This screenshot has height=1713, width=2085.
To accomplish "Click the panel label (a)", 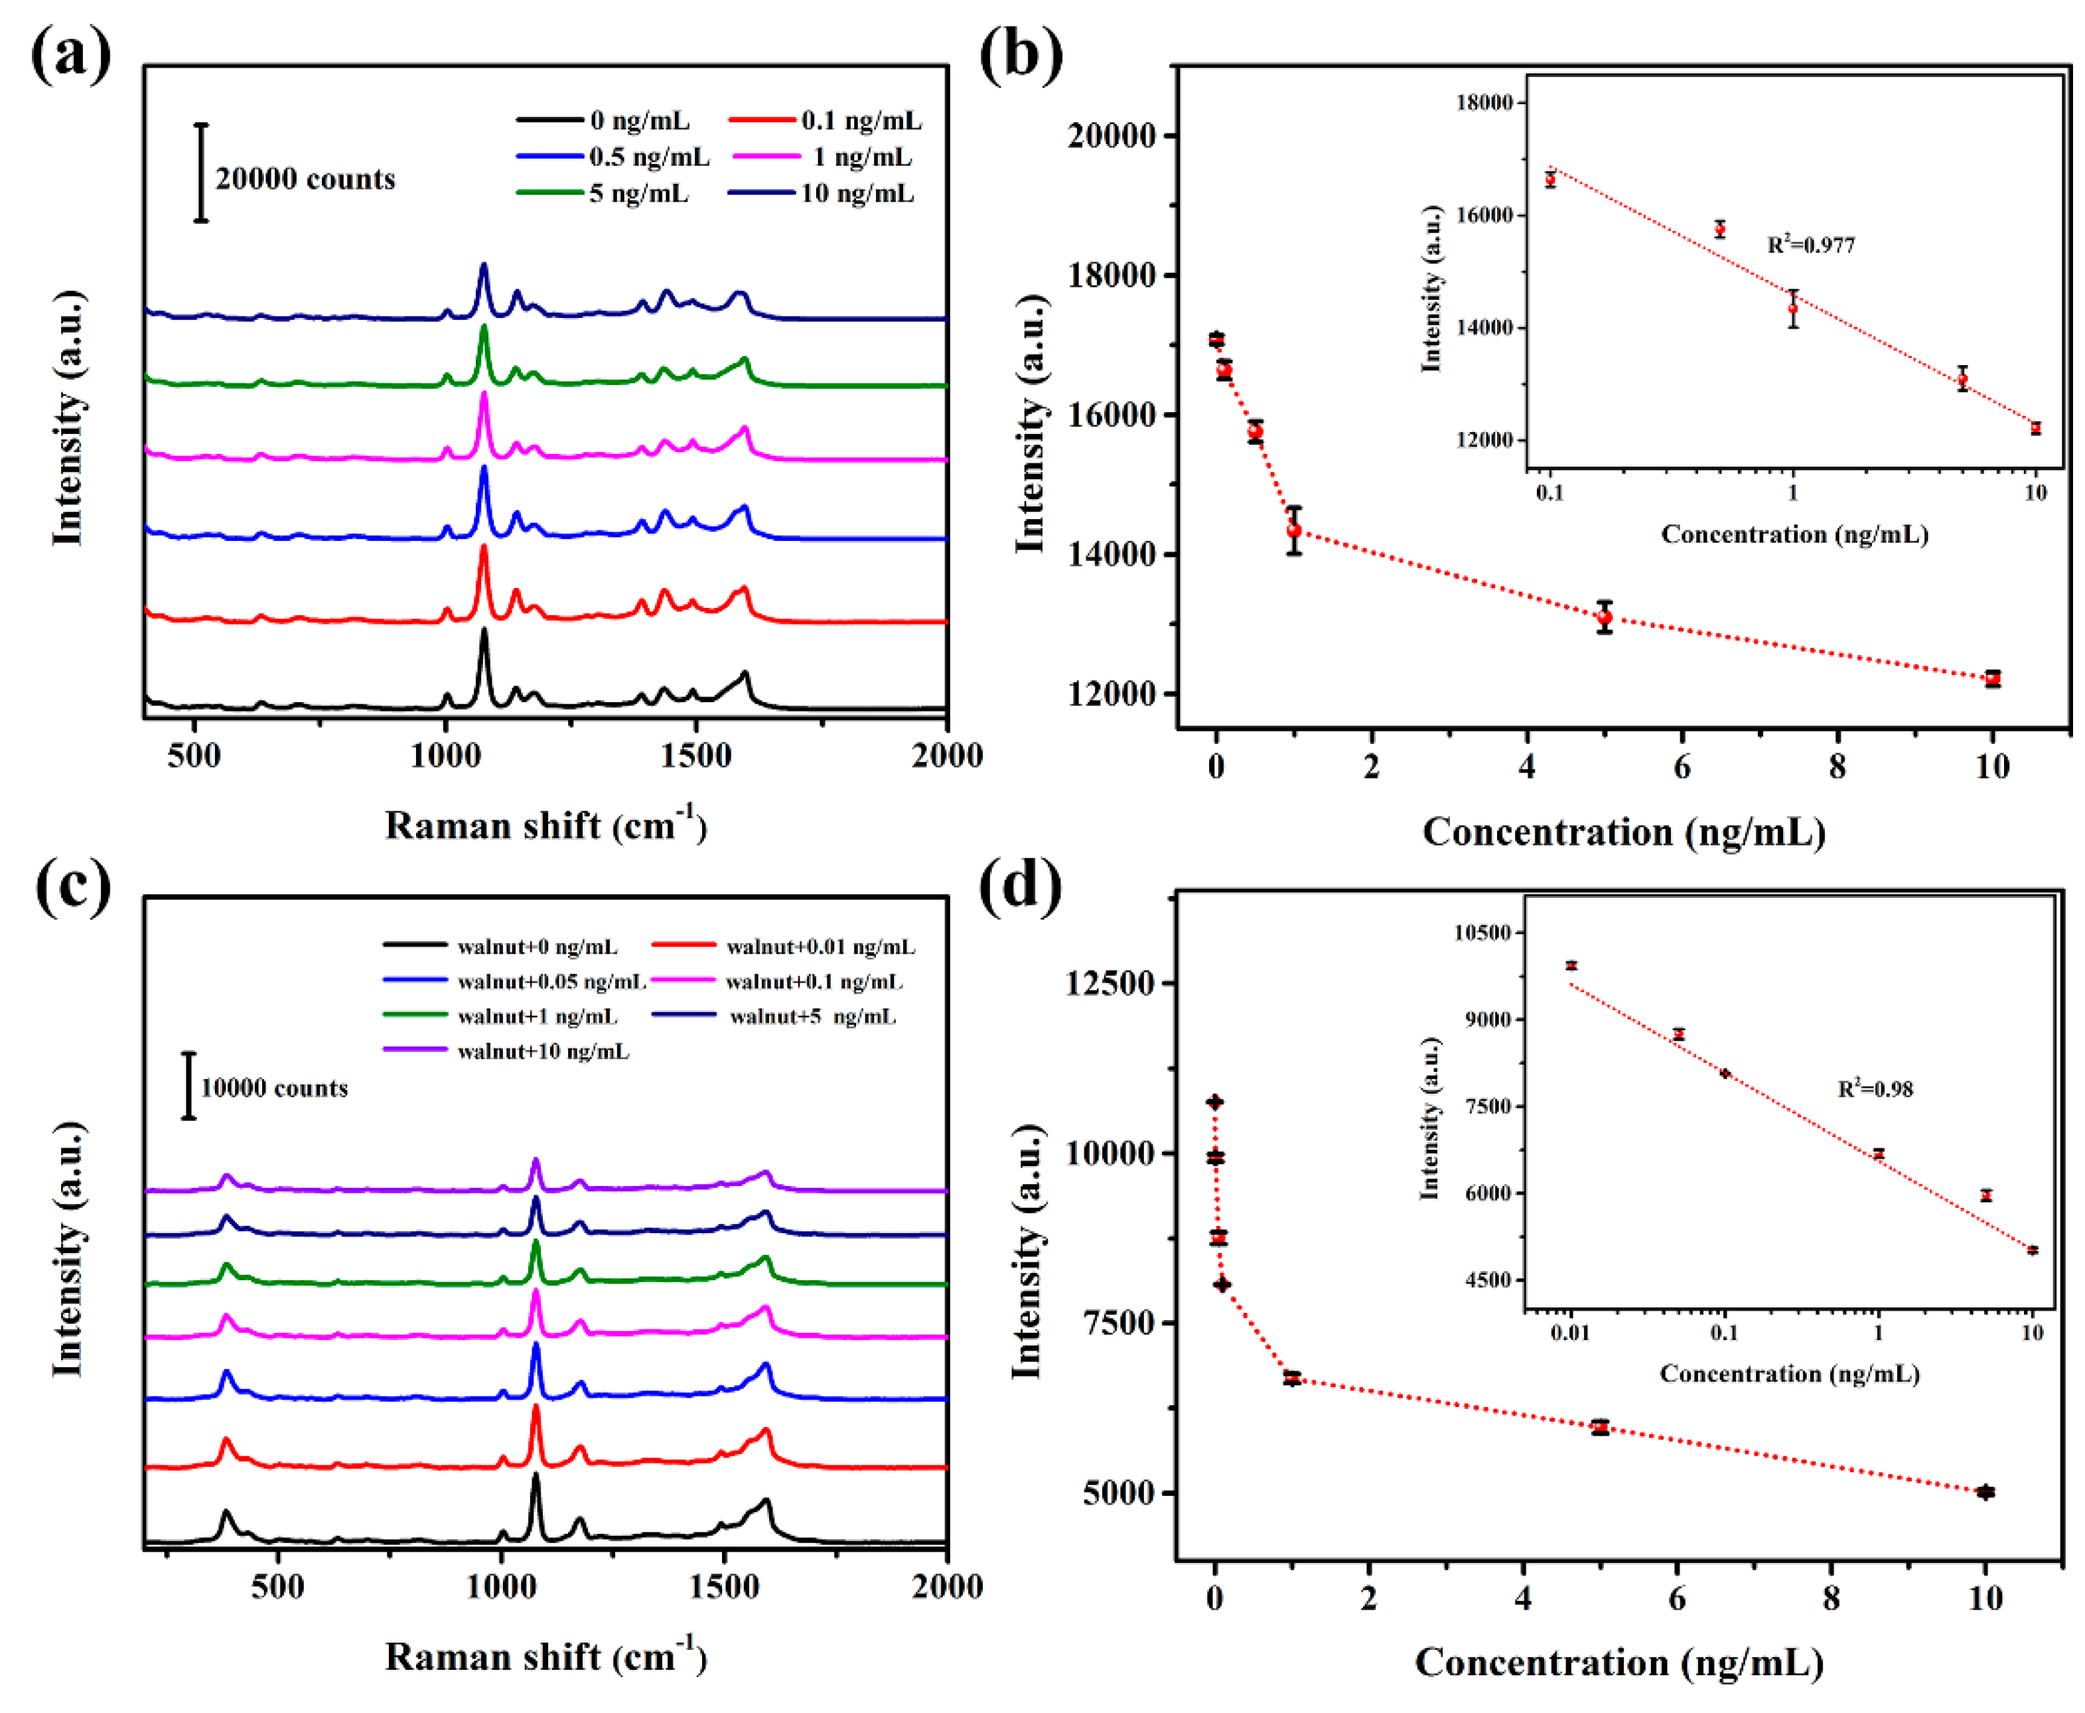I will coord(70,54).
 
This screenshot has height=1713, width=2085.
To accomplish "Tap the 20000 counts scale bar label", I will coord(305,179).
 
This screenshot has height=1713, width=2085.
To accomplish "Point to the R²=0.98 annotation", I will coord(1874,1089).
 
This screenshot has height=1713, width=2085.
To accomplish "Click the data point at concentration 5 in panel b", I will coord(1605,617).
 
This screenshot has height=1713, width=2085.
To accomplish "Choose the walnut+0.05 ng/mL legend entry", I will coord(551,982).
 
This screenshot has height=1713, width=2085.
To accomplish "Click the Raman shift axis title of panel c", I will coord(545,1656).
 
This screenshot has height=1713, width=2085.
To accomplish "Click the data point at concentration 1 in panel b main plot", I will coord(1293,531).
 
